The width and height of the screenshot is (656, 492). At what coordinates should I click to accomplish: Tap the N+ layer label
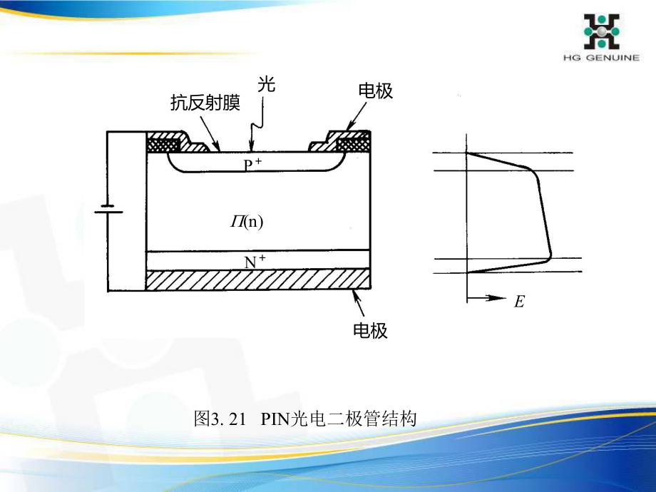255,262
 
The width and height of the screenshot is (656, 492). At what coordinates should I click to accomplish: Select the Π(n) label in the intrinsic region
247,222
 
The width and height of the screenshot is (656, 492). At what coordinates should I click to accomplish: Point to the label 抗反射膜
205,103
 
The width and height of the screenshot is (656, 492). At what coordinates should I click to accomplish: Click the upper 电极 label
375,91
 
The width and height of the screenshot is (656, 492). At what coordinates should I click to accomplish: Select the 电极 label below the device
370,330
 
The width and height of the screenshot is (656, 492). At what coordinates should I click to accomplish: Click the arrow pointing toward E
488,299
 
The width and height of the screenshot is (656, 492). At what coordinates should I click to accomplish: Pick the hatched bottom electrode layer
257,280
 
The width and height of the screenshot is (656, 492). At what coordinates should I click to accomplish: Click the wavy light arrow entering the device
255,127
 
